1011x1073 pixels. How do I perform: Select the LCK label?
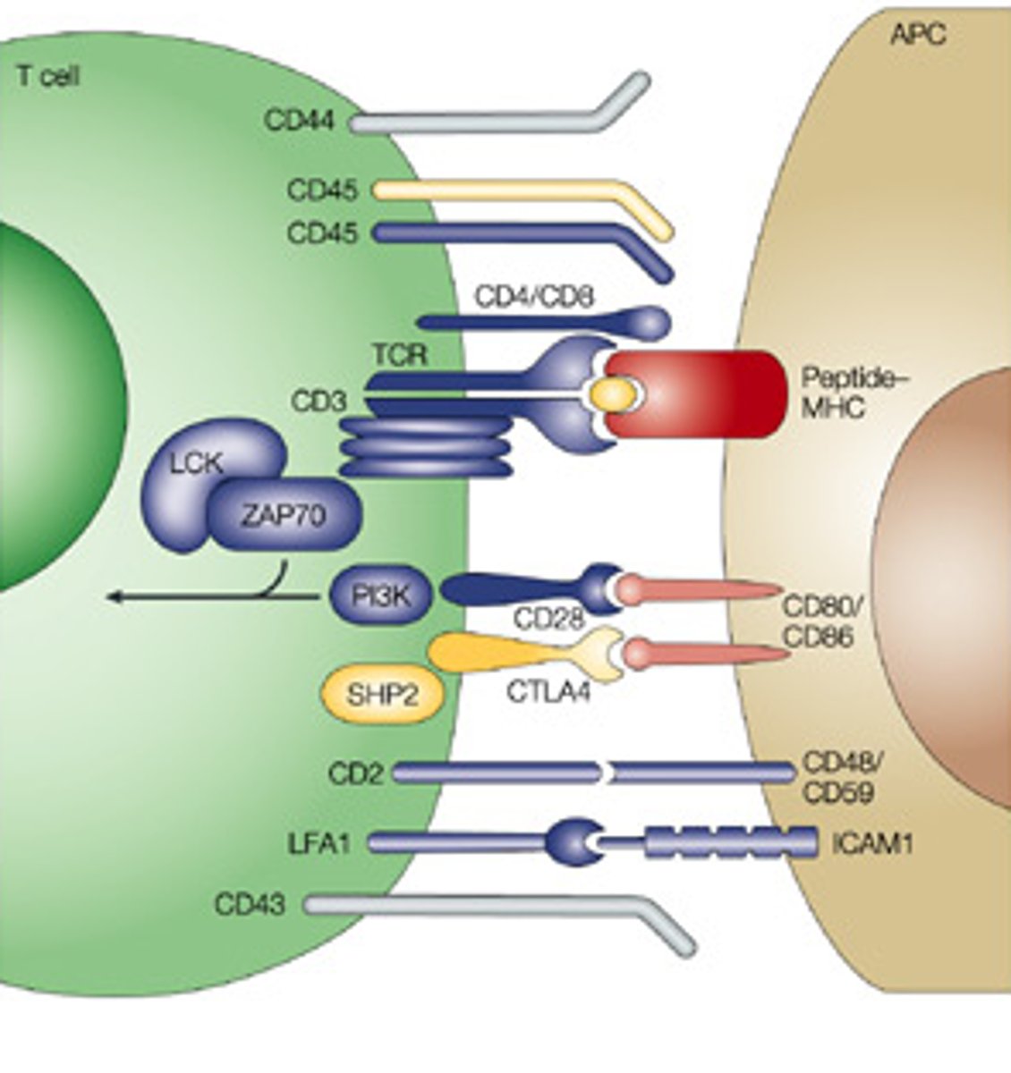196,462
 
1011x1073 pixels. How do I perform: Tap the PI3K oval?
381,596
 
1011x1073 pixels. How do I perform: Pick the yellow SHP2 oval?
383,694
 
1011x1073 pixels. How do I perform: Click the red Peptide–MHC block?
707,393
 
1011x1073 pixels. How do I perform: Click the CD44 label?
299,120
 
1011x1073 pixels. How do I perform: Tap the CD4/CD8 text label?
533,296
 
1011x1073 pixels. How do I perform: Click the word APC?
918,35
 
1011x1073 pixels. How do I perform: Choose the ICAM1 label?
872,843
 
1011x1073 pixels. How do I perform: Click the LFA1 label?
319,843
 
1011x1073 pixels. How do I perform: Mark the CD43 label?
250,905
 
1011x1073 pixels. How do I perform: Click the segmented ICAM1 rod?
729,843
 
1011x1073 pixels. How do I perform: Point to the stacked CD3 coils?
426,447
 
